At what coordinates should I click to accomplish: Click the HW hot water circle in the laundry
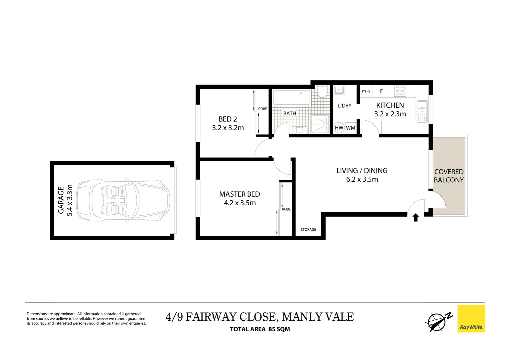click(339, 128)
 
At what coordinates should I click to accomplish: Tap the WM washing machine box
click(351, 128)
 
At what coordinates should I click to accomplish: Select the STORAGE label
click(308, 229)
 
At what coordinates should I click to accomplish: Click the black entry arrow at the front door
click(416, 218)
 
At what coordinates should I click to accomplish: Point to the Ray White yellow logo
click(471, 319)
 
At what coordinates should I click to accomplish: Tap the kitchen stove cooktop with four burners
click(400, 91)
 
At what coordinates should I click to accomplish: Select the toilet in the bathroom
click(322, 92)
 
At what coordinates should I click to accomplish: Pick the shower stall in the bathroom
click(320, 124)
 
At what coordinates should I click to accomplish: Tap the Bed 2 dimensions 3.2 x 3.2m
click(228, 128)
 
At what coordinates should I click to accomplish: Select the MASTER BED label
click(239, 194)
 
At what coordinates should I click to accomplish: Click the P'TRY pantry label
click(366, 91)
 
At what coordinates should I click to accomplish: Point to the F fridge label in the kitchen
click(381, 91)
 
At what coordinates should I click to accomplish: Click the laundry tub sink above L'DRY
click(340, 90)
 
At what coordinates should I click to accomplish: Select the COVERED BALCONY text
click(449, 176)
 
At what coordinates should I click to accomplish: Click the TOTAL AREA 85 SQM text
click(260, 329)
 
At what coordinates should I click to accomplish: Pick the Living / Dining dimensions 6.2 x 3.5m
click(362, 179)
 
